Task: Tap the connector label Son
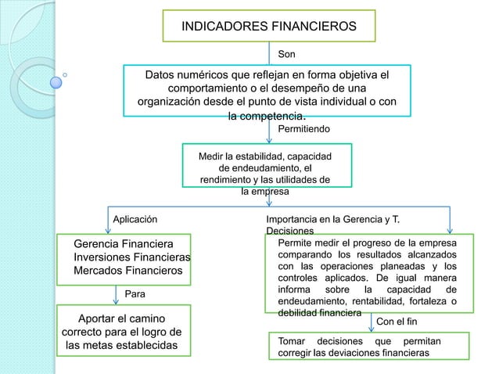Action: (x=288, y=55)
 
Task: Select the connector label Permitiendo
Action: (x=304, y=128)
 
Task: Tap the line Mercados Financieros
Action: (x=127, y=271)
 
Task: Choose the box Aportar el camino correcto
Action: (x=120, y=332)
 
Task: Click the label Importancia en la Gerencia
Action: (x=337, y=220)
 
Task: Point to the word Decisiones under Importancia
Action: (x=290, y=232)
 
